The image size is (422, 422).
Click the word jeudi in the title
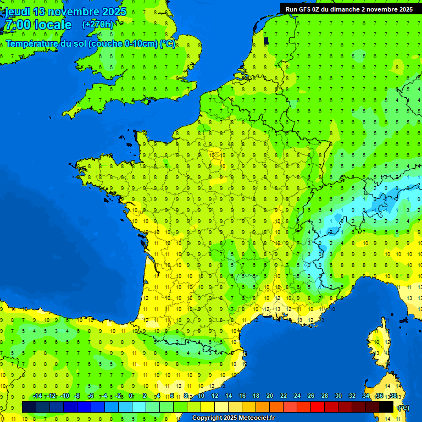coord(17,12)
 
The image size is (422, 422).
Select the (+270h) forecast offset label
coord(98,24)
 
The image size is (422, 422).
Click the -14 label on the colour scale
coord(37,396)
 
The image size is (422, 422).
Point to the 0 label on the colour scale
coord(131,396)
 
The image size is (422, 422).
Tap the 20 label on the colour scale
coord(270,396)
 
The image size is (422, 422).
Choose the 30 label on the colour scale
coord(338,396)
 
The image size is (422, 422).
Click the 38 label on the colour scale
coord(393,396)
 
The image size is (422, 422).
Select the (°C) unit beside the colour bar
coord(404,408)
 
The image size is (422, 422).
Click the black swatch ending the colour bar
coord(386,407)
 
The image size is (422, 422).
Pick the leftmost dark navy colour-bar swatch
coord(29,407)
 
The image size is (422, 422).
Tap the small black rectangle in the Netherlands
coord(266,40)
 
